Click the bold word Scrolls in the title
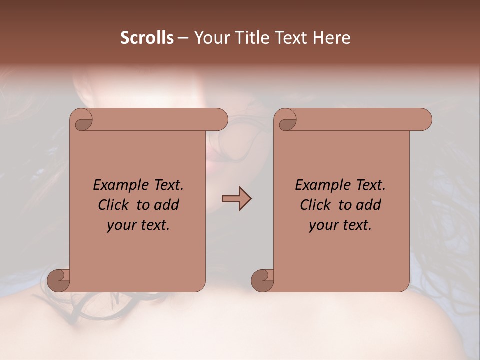(147, 38)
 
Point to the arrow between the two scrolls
(236, 198)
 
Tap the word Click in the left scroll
(112, 205)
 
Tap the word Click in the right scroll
(315, 205)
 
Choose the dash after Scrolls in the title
(183, 38)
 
